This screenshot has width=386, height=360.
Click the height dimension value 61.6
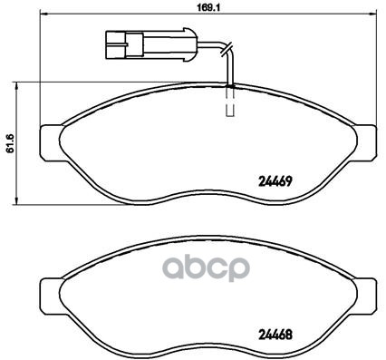pyautogui.click(x=10, y=143)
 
